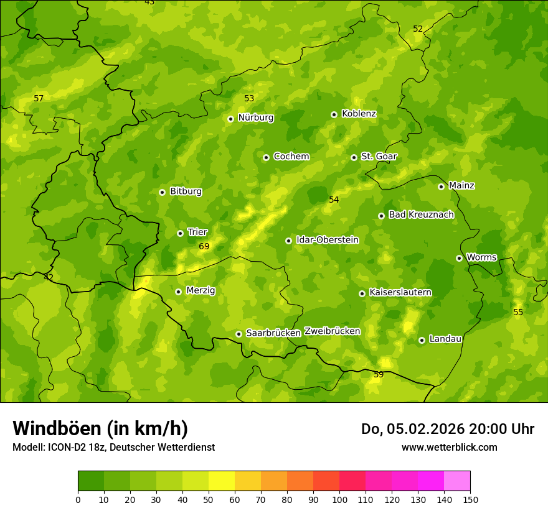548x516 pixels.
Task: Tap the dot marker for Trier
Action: [x=180, y=233]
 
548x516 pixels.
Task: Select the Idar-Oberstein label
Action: [x=328, y=240]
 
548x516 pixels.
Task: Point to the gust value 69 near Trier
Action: [x=204, y=247]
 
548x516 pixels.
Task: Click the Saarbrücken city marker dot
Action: [x=239, y=334]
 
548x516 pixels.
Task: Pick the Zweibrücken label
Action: [x=332, y=331]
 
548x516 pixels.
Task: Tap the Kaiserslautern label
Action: [x=400, y=292]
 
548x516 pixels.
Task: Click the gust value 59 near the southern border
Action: [x=379, y=375]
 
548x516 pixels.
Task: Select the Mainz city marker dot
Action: [x=441, y=187]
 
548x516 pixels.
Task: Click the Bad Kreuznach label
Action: [x=421, y=214]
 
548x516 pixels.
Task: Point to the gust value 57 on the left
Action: [x=39, y=99]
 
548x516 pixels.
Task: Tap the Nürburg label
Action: [x=255, y=117]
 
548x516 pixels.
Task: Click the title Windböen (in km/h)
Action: [x=100, y=428]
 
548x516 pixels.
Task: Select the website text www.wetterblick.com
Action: [x=449, y=447]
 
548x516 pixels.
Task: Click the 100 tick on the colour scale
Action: [x=339, y=499]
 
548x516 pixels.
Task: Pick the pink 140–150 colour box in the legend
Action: [x=457, y=481]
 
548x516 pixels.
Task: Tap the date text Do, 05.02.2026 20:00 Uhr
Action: [x=447, y=429]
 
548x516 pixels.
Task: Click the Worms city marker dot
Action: [x=459, y=258]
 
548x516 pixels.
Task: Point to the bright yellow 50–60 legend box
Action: [x=222, y=481]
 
